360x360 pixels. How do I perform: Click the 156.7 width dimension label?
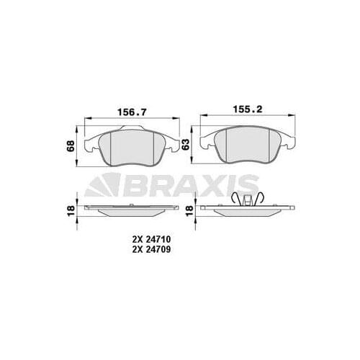(x=128, y=112)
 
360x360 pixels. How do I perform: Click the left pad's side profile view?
(x=130, y=210)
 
